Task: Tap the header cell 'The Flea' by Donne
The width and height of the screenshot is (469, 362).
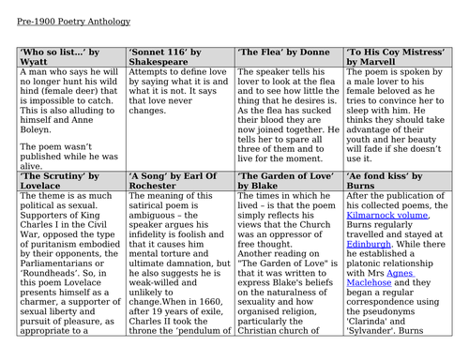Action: click(x=282, y=53)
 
